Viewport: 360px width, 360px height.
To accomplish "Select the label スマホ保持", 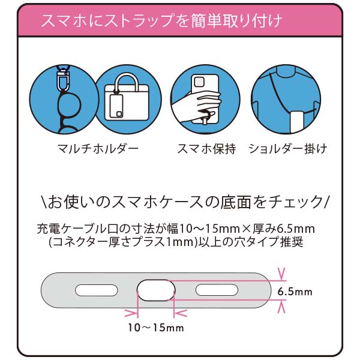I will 205,148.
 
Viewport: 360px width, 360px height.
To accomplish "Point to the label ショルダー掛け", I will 288,148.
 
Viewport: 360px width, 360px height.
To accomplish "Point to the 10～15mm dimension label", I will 155,328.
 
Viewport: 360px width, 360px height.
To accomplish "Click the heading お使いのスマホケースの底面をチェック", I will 181,199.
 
